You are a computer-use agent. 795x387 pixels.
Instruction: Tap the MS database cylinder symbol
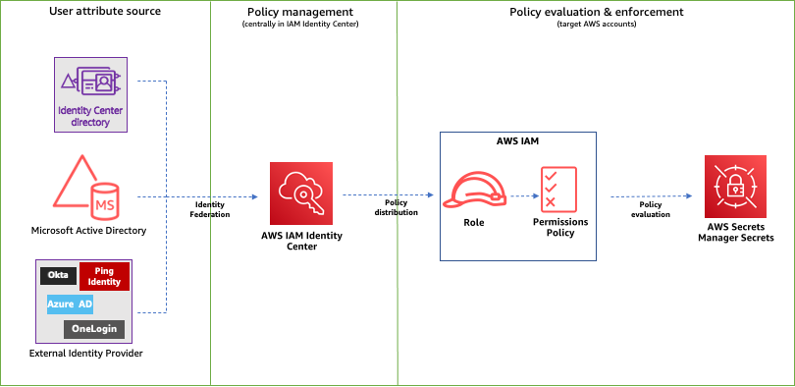104,201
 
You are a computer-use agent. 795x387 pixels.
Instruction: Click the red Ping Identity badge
107,276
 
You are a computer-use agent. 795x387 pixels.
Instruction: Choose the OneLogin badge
94,328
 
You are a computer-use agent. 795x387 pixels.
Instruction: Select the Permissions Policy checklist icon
557,189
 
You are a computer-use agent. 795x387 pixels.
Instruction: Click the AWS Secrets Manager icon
734,185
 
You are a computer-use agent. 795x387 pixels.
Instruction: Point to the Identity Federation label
210,206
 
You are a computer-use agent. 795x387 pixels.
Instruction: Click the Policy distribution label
396,206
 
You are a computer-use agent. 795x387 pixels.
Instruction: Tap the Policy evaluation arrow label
649,208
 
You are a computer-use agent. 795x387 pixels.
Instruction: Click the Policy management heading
299,12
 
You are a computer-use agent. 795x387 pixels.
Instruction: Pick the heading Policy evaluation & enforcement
596,12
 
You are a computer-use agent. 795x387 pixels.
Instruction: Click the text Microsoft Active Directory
89,231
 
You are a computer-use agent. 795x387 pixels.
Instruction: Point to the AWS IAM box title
517,140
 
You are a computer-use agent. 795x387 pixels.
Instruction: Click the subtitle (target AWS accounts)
596,24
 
